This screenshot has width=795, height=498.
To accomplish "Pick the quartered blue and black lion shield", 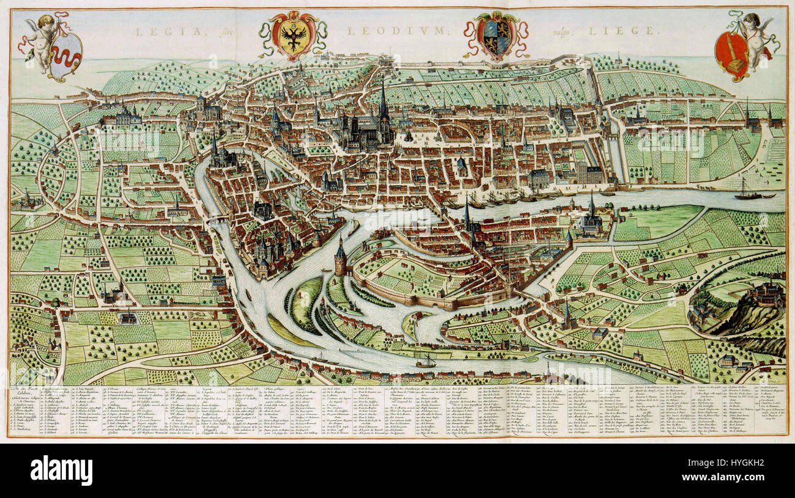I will tap(495, 36).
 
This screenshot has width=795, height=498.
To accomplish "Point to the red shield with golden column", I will tap(732, 54).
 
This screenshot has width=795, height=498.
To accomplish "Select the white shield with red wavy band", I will tap(65, 56).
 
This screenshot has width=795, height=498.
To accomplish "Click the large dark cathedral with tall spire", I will tap(373, 125).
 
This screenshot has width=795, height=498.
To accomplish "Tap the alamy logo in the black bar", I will tap(61, 471).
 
